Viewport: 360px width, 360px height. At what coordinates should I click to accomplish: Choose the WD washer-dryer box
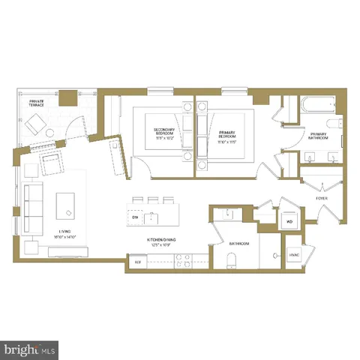pyautogui.click(x=289, y=222)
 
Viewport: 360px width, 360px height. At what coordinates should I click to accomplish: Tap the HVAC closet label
pyautogui.click(x=294, y=256)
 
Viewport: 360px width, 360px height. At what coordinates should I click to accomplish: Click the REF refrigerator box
pyautogui.click(x=137, y=262)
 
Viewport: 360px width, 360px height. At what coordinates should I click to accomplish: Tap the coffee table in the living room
pyautogui.click(x=67, y=204)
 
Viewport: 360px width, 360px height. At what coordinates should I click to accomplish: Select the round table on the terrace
pyautogui.click(x=51, y=133)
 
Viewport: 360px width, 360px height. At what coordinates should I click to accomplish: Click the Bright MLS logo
pyautogui.click(x=29, y=348)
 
